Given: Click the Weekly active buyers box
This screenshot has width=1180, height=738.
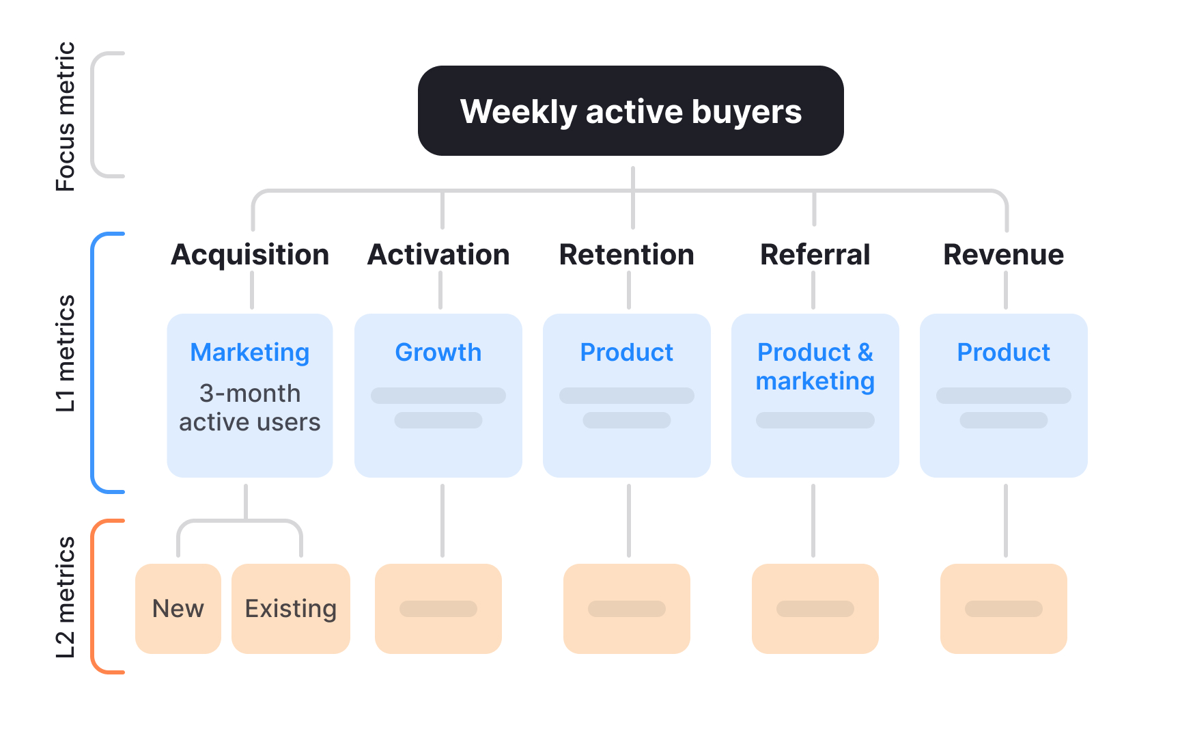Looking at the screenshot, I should (630, 111).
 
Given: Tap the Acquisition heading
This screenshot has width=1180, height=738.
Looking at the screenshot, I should (250, 255).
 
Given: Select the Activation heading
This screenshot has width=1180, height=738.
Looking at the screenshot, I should (438, 255).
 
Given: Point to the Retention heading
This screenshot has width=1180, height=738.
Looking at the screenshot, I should (626, 255).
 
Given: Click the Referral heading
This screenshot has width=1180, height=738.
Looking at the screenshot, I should (815, 255).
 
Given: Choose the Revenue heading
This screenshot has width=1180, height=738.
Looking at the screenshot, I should (1003, 255).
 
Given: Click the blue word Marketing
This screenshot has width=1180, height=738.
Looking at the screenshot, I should (250, 353).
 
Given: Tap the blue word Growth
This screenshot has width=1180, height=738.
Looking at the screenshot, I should (438, 353).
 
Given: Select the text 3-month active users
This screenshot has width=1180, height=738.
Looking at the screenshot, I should (250, 408).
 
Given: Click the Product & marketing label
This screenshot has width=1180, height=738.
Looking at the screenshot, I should (815, 367).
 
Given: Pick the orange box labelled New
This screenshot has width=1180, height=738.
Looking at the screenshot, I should (178, 608).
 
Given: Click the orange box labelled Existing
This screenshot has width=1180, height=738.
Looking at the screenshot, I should (291, 608).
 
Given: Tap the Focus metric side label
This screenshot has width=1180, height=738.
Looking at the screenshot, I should (66, 116).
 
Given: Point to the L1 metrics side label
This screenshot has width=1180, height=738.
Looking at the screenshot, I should (66, 353).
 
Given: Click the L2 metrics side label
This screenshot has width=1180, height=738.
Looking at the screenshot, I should (66, 597).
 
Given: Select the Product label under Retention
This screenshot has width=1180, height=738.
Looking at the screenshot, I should (626, 353).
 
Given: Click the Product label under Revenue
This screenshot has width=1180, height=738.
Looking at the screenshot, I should (1003, 353).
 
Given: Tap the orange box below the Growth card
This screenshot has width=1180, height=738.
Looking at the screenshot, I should (438, 608).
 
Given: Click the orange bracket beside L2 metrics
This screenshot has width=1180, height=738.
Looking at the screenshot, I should (94, 597).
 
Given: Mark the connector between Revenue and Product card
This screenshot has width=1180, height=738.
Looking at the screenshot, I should (1006, 290).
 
